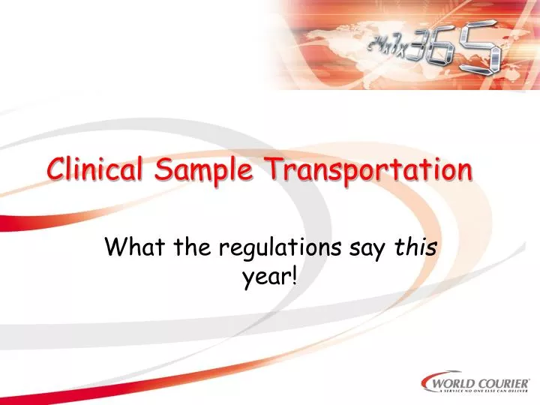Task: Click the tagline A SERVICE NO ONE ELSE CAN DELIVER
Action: [x=484, y=393]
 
